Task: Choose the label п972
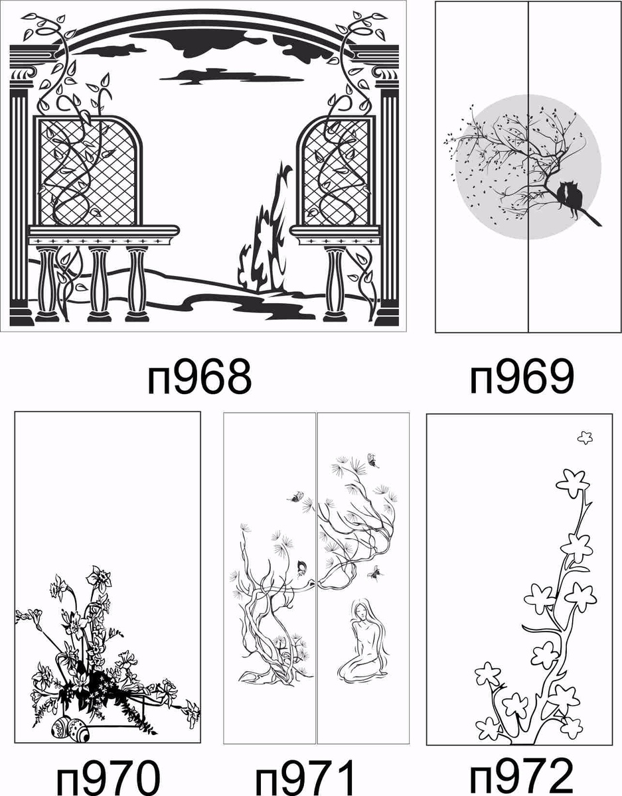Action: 522,777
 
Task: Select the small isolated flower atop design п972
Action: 585,438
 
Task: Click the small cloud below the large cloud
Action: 232,76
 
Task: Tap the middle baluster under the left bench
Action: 100,284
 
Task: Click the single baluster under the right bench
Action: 335,284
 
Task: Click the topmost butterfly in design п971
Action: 373,460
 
